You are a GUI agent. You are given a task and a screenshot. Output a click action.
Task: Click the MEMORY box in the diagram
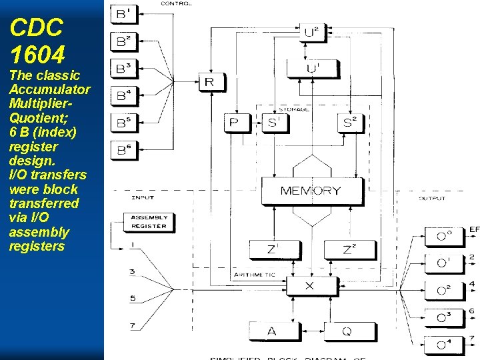(x=310, y=191)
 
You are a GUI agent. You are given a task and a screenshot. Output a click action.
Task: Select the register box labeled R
(x=210, y=83)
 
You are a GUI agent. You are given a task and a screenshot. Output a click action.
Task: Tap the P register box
(x=233, y=122)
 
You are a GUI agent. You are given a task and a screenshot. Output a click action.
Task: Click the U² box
(x=311, y=32)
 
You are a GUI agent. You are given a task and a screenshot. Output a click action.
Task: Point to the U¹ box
(x=311, y=68)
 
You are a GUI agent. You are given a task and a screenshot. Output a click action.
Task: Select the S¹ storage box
(x=274, y=122)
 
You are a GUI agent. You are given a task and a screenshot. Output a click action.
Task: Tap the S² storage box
(x=350, y=122)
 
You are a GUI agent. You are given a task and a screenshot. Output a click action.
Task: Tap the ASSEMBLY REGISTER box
(x=148, y=222)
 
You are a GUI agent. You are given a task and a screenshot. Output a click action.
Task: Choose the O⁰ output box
(x=444, y=236)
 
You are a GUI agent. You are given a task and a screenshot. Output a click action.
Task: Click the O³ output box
(x=444, y=317)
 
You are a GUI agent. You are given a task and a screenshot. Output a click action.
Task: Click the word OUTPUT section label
(x=432, y=198)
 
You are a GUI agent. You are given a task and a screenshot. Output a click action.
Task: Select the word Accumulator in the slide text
(x=50, y=90)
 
